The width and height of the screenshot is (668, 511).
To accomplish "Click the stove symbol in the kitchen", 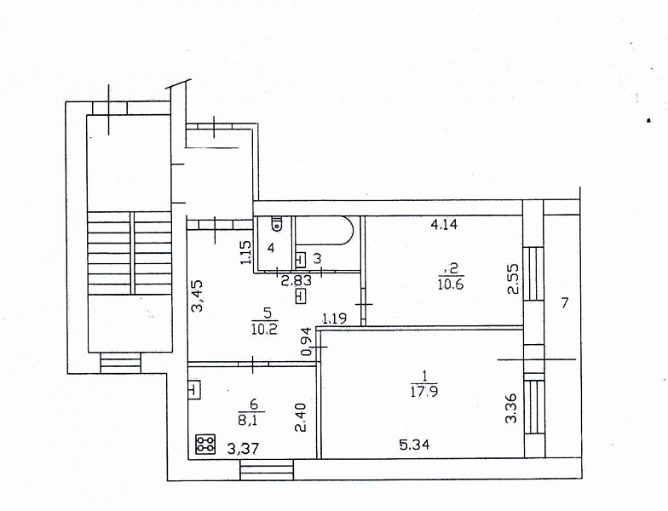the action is tap(206, 444).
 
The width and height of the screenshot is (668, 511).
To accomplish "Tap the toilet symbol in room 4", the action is tap(278, 223).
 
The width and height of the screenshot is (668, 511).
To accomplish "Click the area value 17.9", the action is tap(424, 391).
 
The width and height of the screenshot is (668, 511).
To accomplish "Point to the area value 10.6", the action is tap(450, 284).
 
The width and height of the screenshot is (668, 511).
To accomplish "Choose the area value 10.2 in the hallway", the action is tap(264, 329).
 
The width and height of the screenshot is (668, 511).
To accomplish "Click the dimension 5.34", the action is tap(414, 445).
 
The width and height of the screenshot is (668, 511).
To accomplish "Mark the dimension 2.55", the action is tap(513, 279).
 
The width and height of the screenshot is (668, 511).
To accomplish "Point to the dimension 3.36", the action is tap(511, 408).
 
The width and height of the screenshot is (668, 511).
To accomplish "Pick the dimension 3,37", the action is tap(244, 449).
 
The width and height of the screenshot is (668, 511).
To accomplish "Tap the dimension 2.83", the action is tap(297, 280).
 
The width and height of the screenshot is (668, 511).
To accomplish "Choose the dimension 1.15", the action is tap(245, 252).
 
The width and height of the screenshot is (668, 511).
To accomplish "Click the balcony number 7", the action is tap(564, 303).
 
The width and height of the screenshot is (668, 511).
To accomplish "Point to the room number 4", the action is tap(271, 248).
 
